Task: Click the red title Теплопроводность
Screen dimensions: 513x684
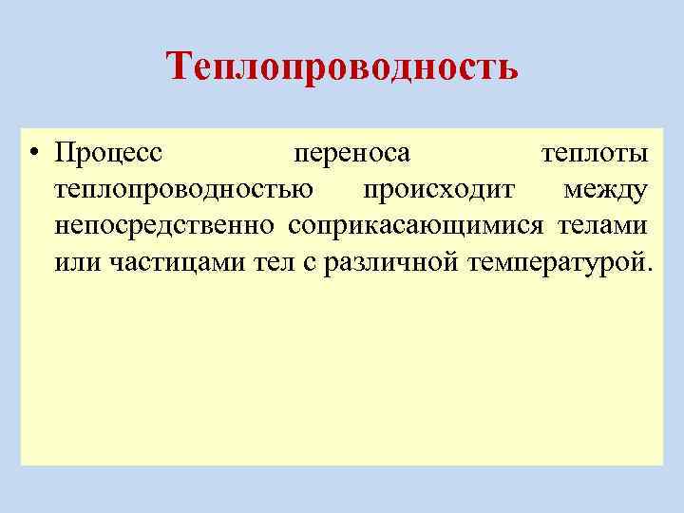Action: click(x=342, y=66)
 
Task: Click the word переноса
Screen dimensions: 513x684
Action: click(x=351, y=153)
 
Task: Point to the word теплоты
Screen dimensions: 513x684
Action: click(x=595, y=153)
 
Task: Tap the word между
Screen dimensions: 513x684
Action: click(x=606, y=189)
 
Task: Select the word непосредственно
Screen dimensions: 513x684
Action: click(x=165, y=225)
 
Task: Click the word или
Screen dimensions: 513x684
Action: click(x=74, y=261)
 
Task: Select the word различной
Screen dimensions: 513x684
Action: click(x=391, y=261)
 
